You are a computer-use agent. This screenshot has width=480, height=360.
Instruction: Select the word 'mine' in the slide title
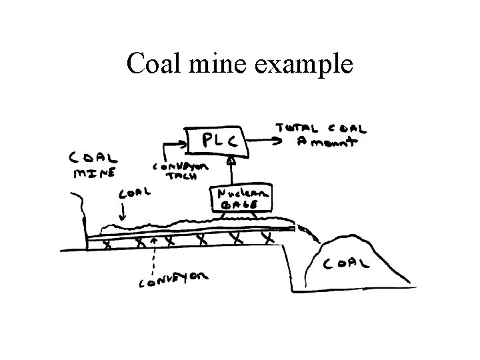click(220, 64)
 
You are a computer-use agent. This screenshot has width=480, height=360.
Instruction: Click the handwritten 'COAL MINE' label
click(93, 165)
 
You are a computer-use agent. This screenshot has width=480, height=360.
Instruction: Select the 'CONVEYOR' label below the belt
click(173, 279)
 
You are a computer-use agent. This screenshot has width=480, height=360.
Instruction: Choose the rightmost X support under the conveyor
click(267, 237)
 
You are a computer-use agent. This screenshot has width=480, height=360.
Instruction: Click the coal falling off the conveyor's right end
click(308, 233)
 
